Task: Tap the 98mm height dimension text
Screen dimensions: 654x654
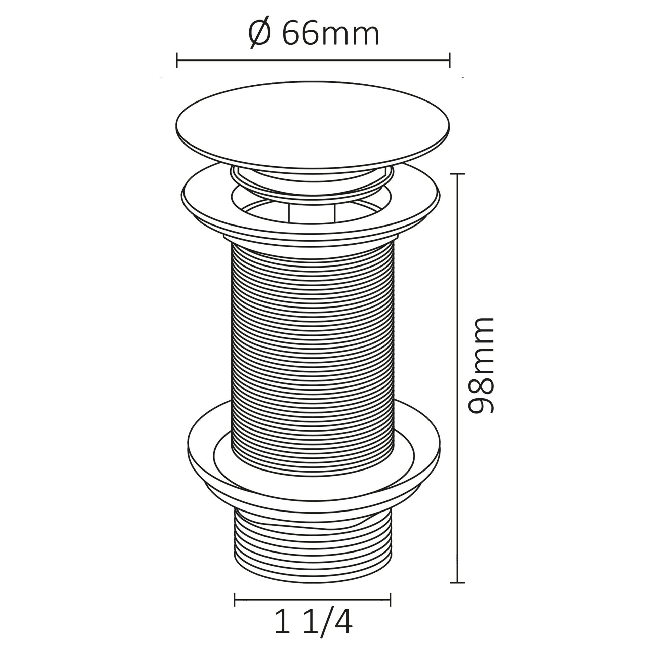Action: tap(480, 366)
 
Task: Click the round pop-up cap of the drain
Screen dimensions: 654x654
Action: tap(313, 124)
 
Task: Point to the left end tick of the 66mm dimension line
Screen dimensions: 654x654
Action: tap(177, 60)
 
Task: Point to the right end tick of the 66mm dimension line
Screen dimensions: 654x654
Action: tap(450, 60)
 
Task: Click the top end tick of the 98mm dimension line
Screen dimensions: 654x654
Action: tap(457, 174)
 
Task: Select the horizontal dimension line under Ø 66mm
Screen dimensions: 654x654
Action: tap(313, 60)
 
